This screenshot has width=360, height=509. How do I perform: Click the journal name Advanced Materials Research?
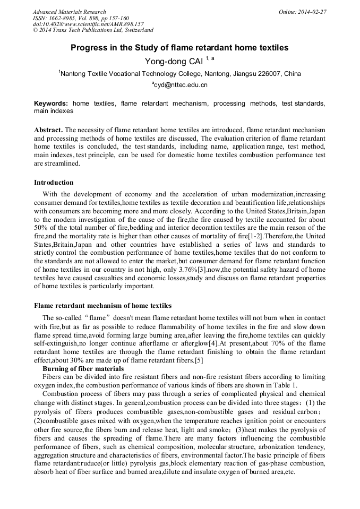70,12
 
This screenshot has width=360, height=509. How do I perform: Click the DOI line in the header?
88,24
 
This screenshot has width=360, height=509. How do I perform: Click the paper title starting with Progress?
179,48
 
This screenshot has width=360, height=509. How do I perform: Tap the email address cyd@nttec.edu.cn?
181,85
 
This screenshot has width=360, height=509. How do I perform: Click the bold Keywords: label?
51,103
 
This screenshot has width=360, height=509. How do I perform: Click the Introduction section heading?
54,183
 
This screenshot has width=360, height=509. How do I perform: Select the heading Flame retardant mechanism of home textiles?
102,306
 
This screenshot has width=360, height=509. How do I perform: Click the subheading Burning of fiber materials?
83,369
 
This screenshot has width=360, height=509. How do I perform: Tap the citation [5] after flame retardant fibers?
199,361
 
